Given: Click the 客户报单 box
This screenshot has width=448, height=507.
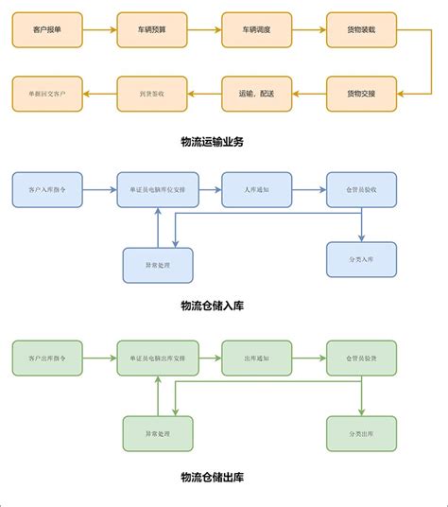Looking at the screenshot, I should [47, 31].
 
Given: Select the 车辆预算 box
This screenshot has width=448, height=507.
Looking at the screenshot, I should [151, 31].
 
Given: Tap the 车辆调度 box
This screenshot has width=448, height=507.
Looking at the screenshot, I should [256, 31].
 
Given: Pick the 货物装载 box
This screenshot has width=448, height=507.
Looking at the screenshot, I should [361, 31].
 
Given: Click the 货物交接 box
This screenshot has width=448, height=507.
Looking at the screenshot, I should [361, 94].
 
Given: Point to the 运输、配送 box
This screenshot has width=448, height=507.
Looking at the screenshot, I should [256, 94].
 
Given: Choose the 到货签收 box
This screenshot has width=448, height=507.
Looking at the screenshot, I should [151, 94].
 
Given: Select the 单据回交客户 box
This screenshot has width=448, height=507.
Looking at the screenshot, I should [47, 94].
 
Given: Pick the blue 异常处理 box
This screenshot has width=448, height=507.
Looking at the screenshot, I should [158, 265].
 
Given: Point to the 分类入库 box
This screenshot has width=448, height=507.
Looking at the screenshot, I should [361, 258].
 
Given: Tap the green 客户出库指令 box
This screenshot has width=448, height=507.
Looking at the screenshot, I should [47, 358].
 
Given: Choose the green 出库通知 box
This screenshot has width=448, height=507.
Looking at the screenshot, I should [256, 358].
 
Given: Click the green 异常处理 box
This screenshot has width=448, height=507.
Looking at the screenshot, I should [158, 433].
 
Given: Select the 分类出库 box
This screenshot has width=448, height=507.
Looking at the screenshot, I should [361, 433].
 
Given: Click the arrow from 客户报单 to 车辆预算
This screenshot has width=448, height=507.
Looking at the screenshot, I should [99, 31].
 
